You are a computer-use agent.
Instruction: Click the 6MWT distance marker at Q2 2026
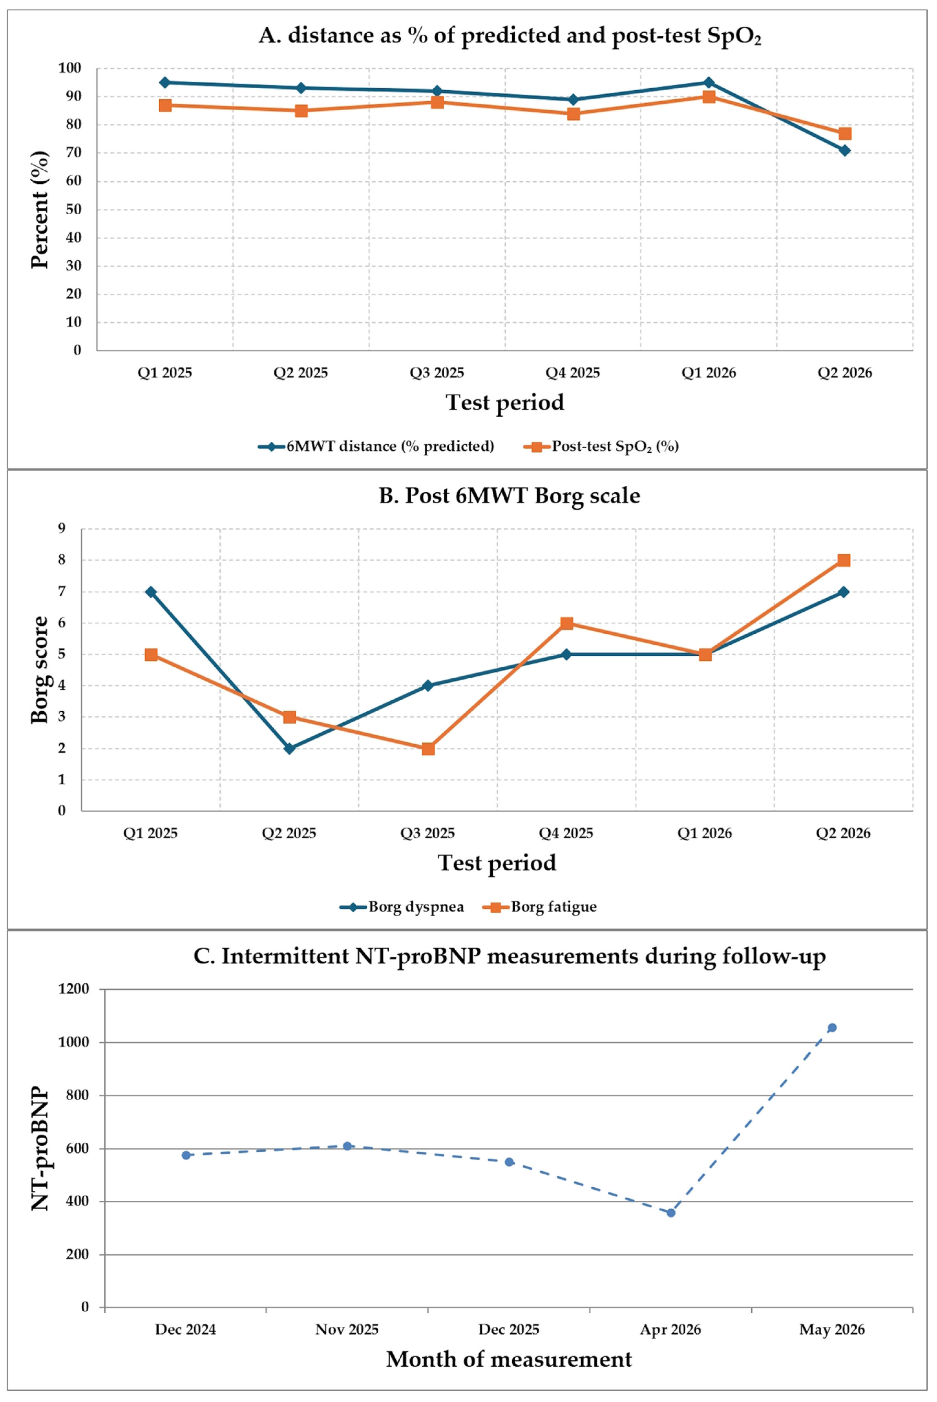[844, 150]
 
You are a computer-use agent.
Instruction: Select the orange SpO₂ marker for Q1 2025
[165, 105]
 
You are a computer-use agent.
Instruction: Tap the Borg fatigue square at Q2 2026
[844, 560]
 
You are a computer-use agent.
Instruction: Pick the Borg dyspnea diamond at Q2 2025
[289, 748]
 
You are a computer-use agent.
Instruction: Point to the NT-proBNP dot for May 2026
[832, 1027]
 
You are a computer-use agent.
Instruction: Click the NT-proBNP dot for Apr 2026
[671, 1212]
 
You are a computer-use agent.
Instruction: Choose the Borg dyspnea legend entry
[402, 907]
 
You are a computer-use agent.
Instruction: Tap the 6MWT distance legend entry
[376, 446]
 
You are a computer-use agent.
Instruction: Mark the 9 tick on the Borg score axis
[61, 528]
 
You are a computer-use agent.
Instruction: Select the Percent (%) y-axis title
[40, 209]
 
